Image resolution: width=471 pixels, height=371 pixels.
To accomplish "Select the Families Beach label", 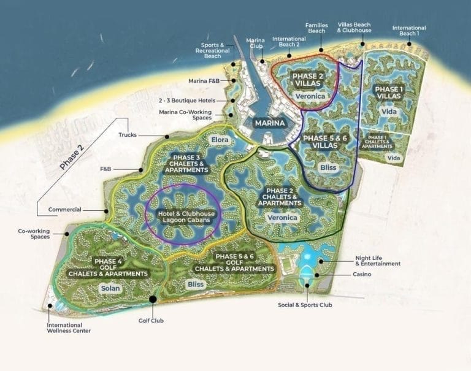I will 316,28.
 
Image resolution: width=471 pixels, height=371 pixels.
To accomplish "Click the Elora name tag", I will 220,140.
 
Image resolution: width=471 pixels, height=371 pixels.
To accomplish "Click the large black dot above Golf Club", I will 152,299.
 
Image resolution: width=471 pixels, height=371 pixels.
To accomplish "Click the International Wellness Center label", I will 70,328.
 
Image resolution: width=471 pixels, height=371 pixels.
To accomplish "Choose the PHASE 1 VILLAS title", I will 389,93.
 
